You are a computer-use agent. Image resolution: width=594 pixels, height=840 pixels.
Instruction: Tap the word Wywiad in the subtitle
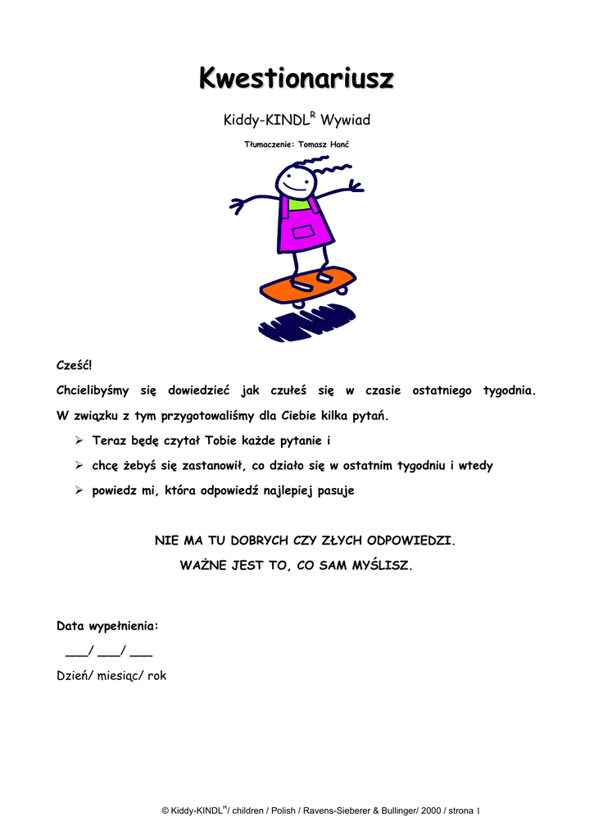point(345,121)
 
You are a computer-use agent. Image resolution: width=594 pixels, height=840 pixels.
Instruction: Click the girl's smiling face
point(295,181)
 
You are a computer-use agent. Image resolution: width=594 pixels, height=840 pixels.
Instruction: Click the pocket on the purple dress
point(303,232)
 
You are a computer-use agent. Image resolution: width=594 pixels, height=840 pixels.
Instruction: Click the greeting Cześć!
point(75,364)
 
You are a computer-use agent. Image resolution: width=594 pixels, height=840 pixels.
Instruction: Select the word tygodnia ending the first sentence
point(509,390)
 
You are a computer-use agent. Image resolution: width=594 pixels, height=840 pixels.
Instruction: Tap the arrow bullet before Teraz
point(79,441)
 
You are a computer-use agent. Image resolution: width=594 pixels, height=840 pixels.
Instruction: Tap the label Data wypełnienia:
point(107,626)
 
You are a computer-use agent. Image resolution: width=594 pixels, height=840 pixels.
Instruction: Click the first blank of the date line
point(75,652)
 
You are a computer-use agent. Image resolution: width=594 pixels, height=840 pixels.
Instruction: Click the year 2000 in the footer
point(431,810)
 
